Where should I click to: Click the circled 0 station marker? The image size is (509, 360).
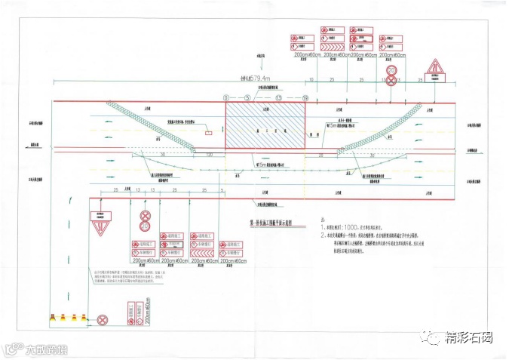click(x=225, y=98)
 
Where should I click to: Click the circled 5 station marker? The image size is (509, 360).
click(x=247, y=98)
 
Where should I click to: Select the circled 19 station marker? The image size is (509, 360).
click(x=305, y=98)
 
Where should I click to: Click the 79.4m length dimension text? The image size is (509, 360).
click(x=254, y=78)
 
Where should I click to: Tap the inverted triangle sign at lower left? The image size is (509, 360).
click(x=100, y=225)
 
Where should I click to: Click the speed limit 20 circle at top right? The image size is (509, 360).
click(x=391, y=71)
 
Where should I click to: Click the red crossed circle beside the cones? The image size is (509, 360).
click(x=103, y=320)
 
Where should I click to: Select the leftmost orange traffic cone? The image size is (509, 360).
click(x=52, y=318)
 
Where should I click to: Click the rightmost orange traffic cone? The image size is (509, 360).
click(x=84, y=318)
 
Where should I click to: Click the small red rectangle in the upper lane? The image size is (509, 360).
click(x=207, y=134)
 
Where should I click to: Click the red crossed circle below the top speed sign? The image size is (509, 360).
click(x=391, y=82)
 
